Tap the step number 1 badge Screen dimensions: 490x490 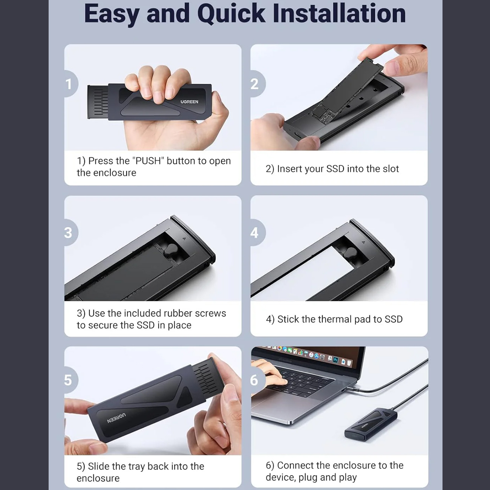click(71, 84)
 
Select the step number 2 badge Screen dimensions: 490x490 click(257, 84)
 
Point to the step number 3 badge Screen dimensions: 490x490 click(71, 233)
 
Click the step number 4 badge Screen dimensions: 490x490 click(257, 233)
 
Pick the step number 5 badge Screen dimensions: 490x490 click(71, 380)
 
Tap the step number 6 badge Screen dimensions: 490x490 click(257, 380)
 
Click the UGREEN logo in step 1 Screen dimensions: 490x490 click(189, 102)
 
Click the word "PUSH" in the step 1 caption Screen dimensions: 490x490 click(148, 161)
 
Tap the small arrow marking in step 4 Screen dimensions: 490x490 click(363, 242)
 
